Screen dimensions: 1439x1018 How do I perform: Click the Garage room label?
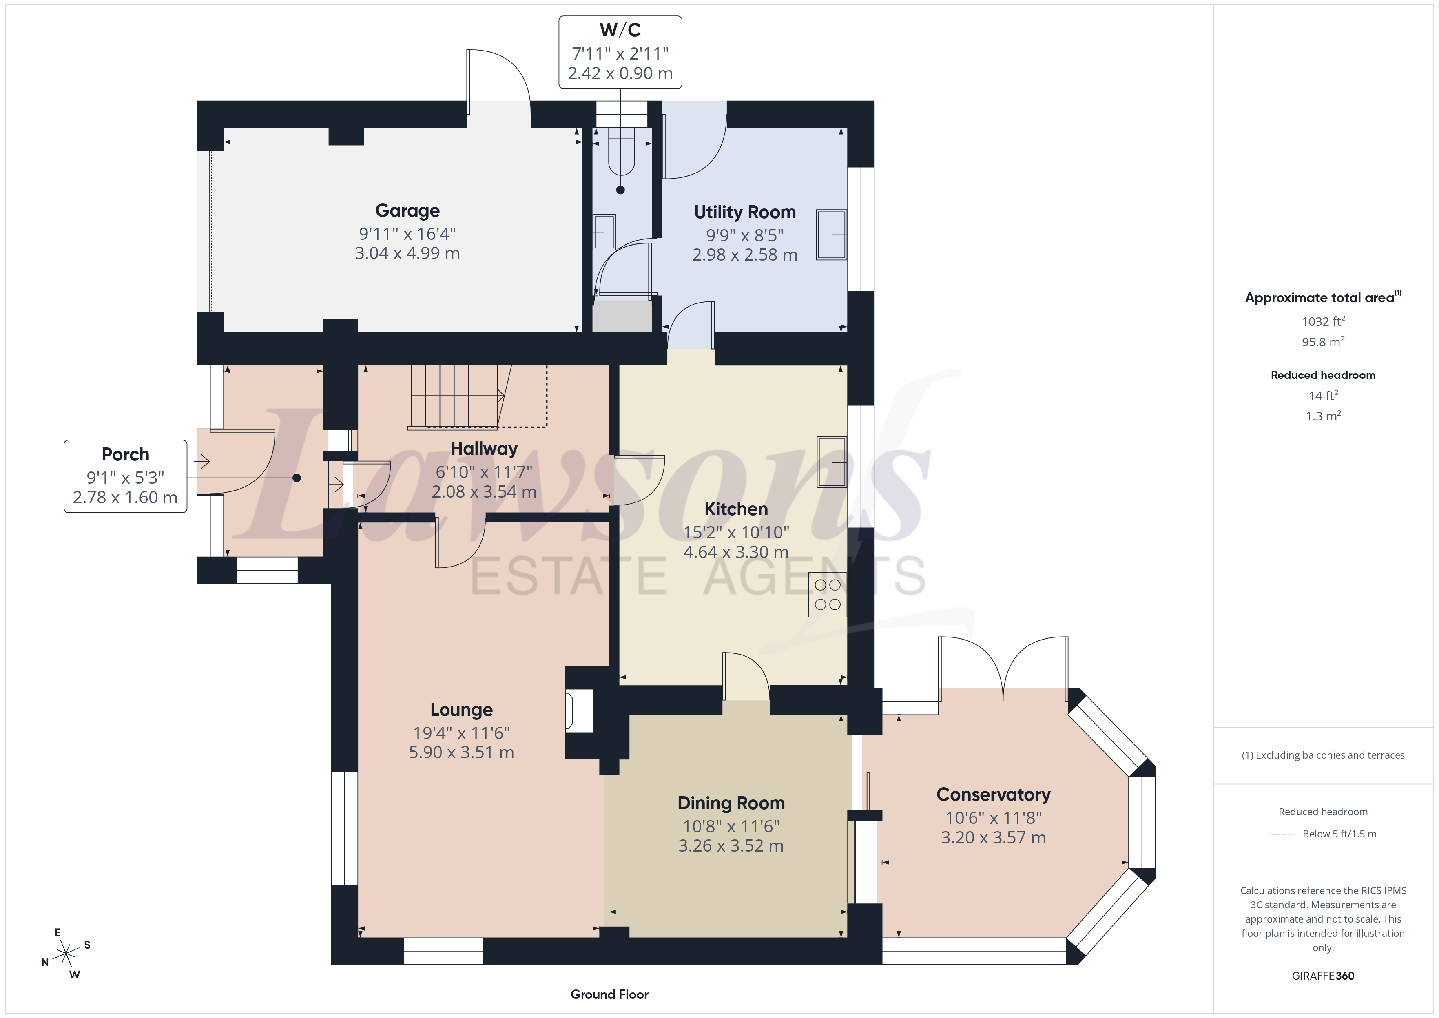coord(407,210)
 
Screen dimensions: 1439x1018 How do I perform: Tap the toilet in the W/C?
coord(621,152)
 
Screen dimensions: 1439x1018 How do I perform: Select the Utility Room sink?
coord(831,235)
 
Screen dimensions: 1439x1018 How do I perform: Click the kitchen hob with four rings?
coord(827,594)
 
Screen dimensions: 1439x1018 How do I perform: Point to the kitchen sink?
coord(832,462)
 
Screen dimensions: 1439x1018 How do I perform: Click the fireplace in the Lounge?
coord(579,711)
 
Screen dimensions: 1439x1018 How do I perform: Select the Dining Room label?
coord(731,803)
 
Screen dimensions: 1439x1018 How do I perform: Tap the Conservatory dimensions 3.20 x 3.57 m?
coord(993,837)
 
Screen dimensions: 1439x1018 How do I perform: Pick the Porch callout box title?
coord(125,454)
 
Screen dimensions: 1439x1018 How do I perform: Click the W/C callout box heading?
coord(620,29)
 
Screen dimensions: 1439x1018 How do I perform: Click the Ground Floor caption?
coord(609,994)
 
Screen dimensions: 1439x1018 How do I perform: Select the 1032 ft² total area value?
coord(1323,321)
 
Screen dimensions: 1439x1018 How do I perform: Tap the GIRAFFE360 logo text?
coord(1323,975)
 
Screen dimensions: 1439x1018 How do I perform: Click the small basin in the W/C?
coord(604,232)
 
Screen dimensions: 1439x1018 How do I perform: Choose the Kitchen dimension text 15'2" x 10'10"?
coord(736,532)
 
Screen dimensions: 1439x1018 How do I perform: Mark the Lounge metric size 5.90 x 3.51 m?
coord(461,752)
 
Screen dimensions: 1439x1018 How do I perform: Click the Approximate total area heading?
coord(1322,297)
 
